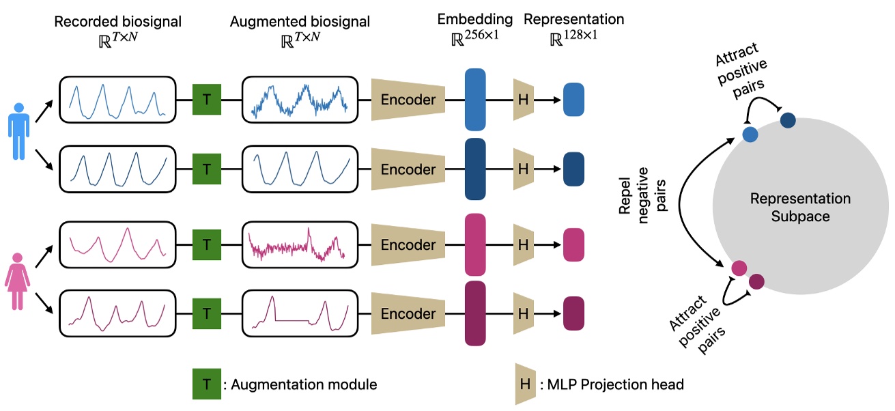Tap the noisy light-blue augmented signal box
(300, 100)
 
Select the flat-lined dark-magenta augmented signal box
(300, 313)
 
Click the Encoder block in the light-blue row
(408, 100)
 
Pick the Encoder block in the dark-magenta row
(408, 313)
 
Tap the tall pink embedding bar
(474, 244)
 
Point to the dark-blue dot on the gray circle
(787, 120)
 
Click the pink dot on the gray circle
(739, 268)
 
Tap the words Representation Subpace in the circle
(800, 208)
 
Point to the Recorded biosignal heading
(118, 22)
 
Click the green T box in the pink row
(206, 244)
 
